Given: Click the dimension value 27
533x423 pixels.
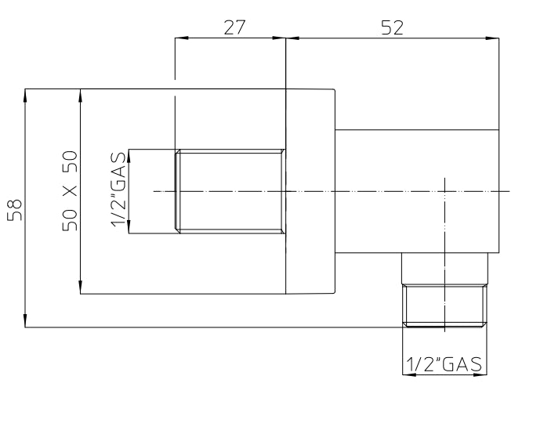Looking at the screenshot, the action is tap(234, 27).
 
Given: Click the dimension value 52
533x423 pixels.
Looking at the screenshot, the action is tap(392, 27).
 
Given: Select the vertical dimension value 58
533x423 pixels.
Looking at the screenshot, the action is tap(15, 210).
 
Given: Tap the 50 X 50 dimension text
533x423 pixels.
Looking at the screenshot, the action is tap(70, 191).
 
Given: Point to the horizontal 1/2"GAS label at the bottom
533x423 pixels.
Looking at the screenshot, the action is tap(444, 364).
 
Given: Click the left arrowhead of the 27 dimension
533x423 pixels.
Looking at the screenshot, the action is tap(182, 38).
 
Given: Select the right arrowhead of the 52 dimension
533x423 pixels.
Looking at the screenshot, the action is tap(492, 38).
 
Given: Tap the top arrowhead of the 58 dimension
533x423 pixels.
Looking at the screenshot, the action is tap(25, 96).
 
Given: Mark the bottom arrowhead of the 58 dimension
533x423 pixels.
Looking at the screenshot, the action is tap(25, 320).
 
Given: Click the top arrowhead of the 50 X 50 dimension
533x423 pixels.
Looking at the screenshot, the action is tap(80, 96).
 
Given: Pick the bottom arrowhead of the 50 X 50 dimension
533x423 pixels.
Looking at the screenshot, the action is tap(80, 287).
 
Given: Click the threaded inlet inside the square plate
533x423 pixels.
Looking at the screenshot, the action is tap(230, 191).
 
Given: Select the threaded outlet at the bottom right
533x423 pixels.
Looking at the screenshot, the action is tap(444, 305).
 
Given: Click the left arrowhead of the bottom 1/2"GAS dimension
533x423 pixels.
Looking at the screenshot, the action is tap(409, 374).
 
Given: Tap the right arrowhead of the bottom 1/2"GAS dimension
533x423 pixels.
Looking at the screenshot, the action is tap(480, 374).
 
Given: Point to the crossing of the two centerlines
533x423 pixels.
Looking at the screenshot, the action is tap(444, 191).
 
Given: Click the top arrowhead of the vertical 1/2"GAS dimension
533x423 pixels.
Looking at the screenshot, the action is tap(129, 156).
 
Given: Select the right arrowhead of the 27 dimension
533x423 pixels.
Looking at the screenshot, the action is tap(279, 38).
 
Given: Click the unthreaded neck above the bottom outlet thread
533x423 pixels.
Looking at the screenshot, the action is tap(444, 269).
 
